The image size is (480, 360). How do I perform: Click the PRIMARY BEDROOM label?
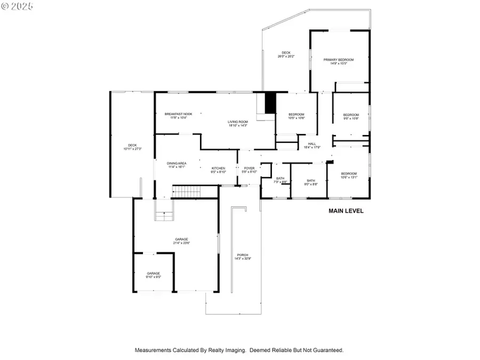pyautogui.click(x=338, y=60)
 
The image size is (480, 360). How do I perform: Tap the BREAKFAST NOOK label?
pyautogui.click(x=178, y=114)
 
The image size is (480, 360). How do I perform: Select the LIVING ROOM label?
pyautogui.click(x=238, y=122)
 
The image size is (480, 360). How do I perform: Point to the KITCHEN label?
pyautogui.click(x=219, y=168)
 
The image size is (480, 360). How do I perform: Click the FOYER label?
pyautogui.click(x=250, y=168)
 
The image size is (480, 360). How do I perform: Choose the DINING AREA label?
pyautogui.click(x=177, y=163)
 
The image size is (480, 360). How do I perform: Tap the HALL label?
pyautogui.click(x=312, y=143)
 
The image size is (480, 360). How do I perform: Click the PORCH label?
pyautogui.click(x=242, y=255)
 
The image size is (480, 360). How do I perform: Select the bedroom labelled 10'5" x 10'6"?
pyautogui.click(x=297, y=116)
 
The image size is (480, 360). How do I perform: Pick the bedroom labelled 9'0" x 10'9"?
pyautogui.click(x=351, y=116)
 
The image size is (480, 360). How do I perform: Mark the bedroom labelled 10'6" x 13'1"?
pyautogui.click(x=349, y=175)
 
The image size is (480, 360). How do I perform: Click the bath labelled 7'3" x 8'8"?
pyautogui.click(x=280, y=180)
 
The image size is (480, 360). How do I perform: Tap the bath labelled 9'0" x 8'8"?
pyautogui.click(x=311, y=182)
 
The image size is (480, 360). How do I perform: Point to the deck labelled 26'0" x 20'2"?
pyautogui.click(x=286, y=54)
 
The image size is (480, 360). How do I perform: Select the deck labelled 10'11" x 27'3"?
pyautogui.click(x=132, y=147)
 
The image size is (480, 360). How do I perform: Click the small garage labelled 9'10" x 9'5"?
pyautogui.click(x=154, y=275)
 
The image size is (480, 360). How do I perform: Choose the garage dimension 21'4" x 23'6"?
pyautogui.click(x=181, y=243)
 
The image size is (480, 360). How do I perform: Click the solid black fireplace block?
pyautogui.click(x=270, y=102)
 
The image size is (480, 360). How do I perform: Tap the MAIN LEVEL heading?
pyautogui.click(x=346, y=211)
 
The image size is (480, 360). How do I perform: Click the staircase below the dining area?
pyautogui.click(x=188, y=191)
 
